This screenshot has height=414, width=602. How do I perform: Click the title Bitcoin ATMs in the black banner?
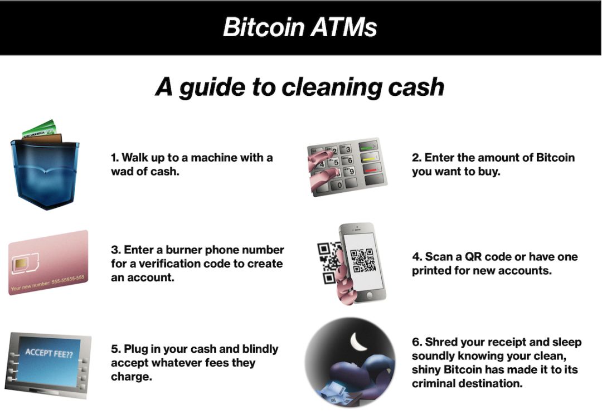tap(300, 27)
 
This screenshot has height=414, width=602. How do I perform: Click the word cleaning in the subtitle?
tap(332, 87)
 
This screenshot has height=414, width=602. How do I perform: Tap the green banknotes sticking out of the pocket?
tap(39, 129)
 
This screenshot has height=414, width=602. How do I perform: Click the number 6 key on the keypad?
tap(349, 160)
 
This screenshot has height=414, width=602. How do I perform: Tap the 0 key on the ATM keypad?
tap(339, 186)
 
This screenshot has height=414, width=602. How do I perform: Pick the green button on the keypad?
tap(368, 146)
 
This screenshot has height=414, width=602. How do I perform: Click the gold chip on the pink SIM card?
tap(21, 264)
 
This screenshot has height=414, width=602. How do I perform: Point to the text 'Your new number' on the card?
tap(31, 286)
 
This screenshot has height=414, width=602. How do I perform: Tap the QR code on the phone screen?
tap(361, 260)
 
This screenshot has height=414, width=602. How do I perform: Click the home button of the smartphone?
tap(370, 295)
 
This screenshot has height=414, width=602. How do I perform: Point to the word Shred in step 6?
tap(441, 342)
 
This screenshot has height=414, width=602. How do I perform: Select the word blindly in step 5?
tap(260, 349)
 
